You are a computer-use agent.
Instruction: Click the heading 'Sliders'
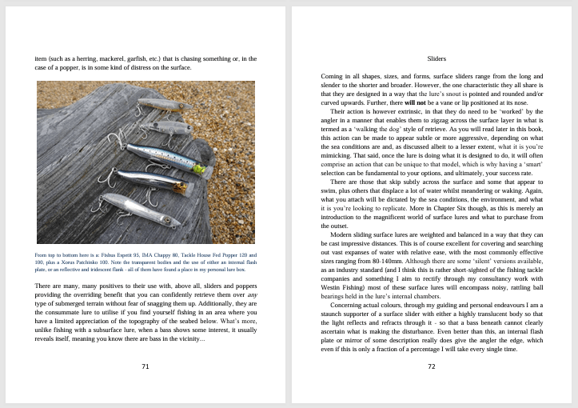point(436,58)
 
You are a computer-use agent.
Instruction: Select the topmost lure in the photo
point(160,104)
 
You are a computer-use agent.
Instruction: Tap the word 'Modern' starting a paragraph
point(341,234)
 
